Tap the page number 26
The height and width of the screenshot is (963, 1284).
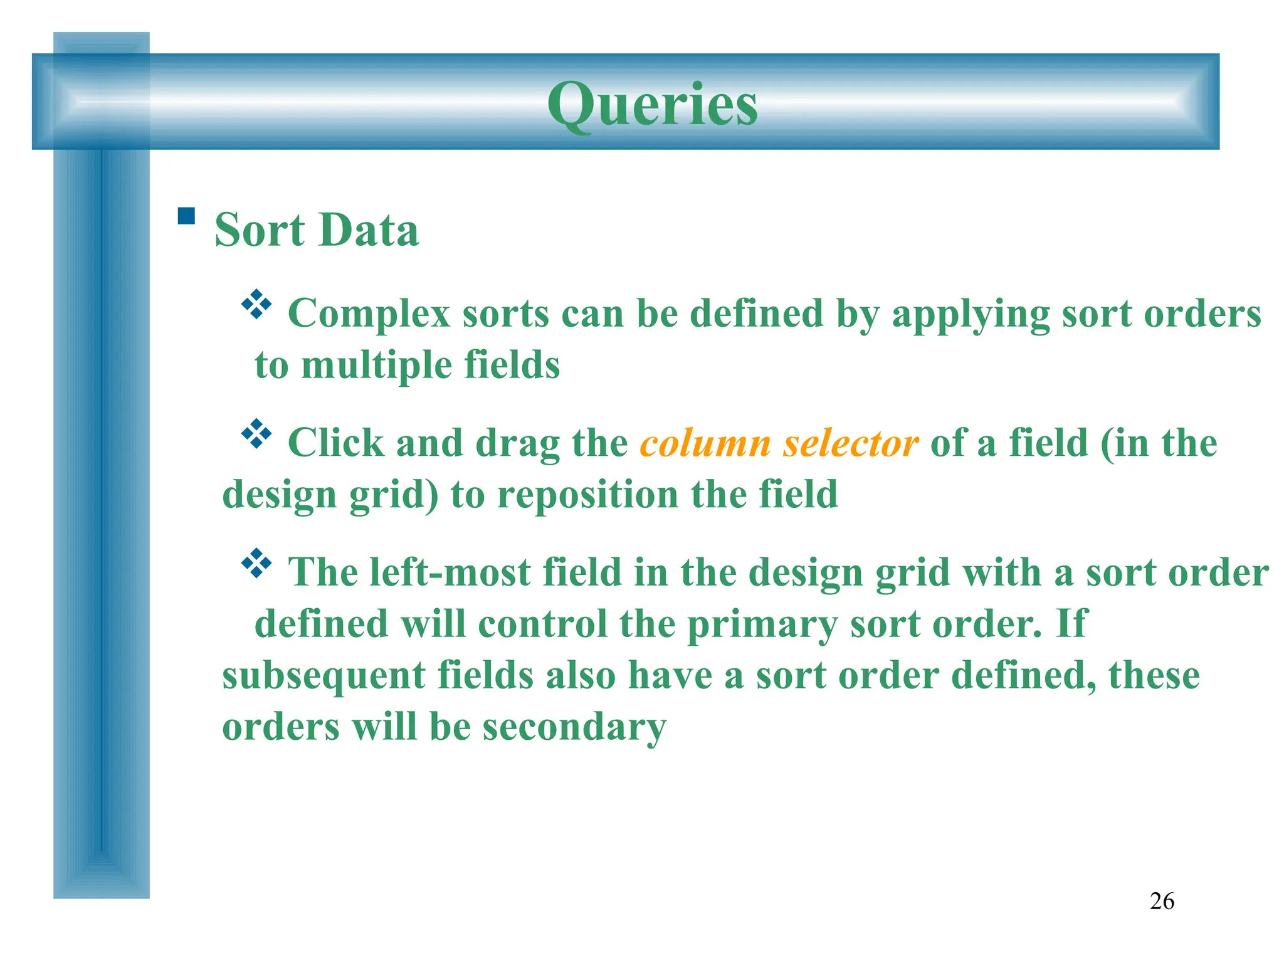tap(1162, 901)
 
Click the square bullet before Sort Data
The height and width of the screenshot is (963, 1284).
tap(186, 216)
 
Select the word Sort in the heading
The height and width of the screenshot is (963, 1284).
tap(259, 230)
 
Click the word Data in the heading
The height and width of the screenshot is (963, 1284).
tap(369, 230)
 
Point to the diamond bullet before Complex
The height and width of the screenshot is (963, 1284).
tap(256, 305)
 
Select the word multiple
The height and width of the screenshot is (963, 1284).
tap(376, 366)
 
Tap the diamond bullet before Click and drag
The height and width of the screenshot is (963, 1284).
tap(256, 434)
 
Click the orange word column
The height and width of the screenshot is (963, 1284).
tap(705, 443)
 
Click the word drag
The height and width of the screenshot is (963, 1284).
tap(517, 445)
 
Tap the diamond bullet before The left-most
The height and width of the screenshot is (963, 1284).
tap(256, 563)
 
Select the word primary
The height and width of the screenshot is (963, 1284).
tap(762, 625)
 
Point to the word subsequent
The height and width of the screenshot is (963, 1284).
tap(324, 676)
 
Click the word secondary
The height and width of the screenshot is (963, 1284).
tap(574, 728)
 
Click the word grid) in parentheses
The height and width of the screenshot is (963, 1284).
tap(393, 496)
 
